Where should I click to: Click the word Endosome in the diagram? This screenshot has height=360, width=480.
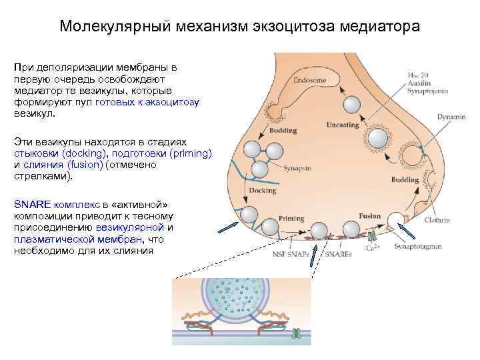309,81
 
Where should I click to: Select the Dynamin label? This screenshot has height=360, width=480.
451,117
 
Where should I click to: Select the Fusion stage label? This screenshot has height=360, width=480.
369,216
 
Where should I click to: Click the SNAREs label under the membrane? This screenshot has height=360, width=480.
338,253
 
